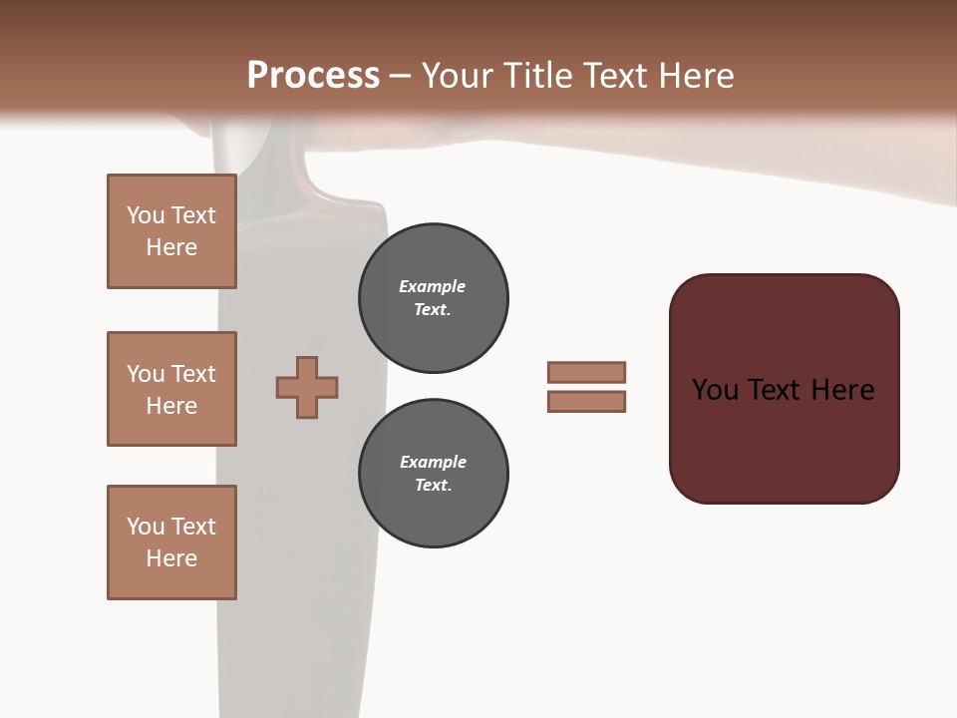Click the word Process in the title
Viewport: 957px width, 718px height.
(313, 76)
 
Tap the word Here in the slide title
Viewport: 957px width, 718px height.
(696, 76)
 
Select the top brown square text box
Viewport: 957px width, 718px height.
(171, 231)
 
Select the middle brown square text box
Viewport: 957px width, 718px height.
(171, 389)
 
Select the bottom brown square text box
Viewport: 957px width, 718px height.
(171, 542)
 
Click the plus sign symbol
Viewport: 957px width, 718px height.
(307, 387)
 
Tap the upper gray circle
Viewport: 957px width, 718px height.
(434, 298)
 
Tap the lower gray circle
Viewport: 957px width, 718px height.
(434, 474)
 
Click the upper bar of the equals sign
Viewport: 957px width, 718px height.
(586, 372)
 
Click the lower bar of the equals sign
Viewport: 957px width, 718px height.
(586, 402)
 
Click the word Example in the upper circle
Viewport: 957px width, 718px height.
(432, 287)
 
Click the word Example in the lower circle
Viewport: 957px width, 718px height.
(433, 463)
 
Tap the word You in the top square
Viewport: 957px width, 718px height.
(146, 215)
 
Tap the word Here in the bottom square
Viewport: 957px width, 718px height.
(171, 558)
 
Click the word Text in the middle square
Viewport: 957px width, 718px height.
(193, 374)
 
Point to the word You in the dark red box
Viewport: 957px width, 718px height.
(715, 390)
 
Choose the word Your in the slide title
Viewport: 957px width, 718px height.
(455, 76)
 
